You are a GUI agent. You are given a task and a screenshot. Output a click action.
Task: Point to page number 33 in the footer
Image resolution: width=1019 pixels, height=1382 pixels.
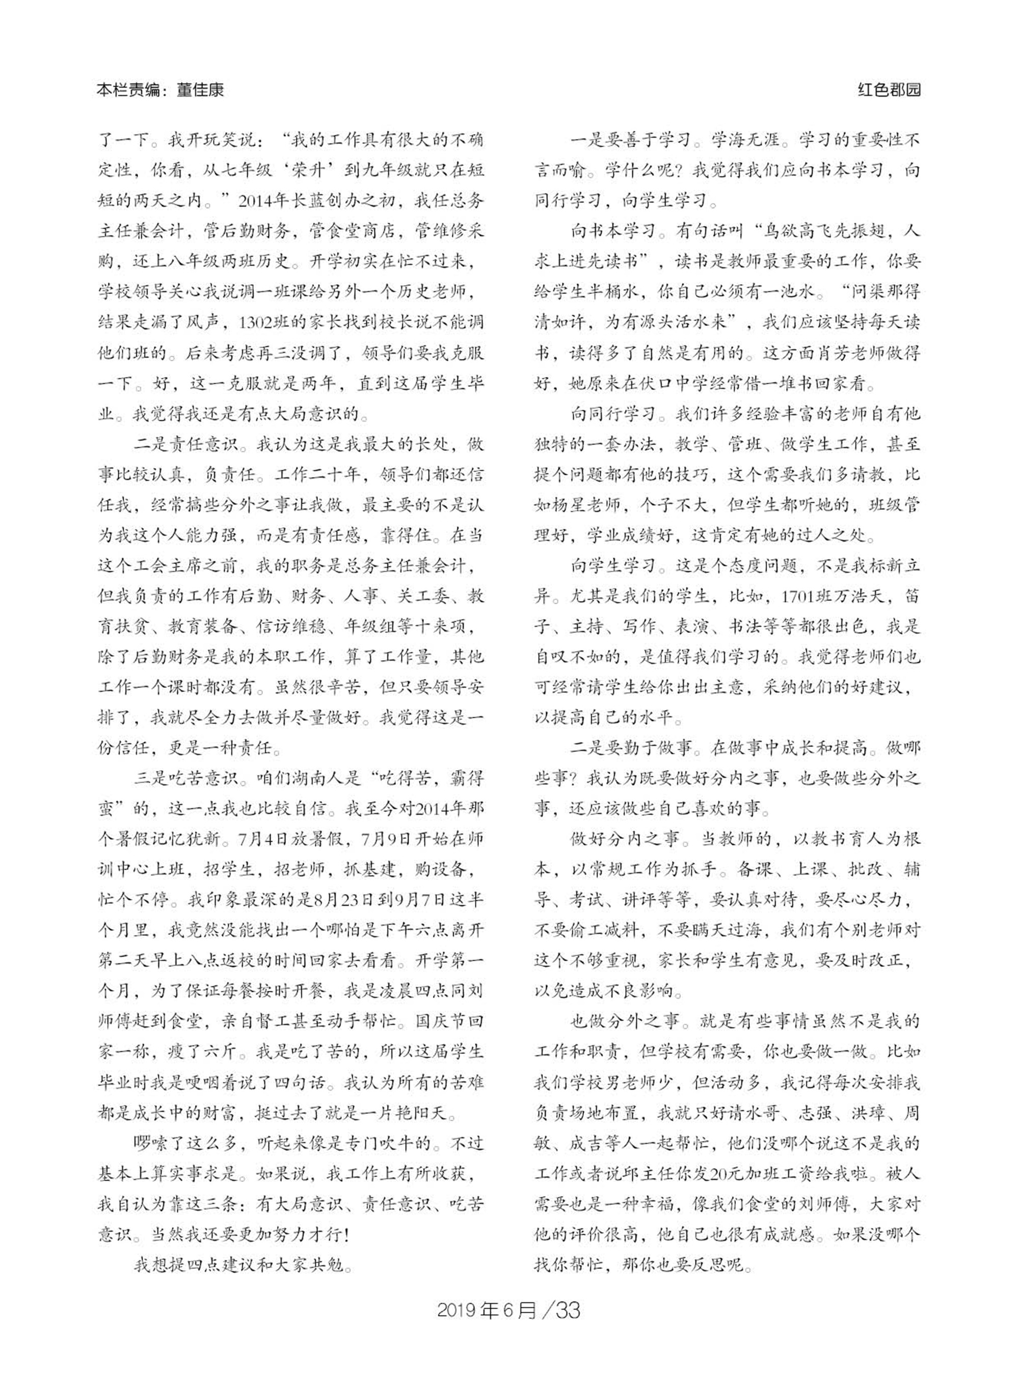pyautogui.click(x=568, y=1322)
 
